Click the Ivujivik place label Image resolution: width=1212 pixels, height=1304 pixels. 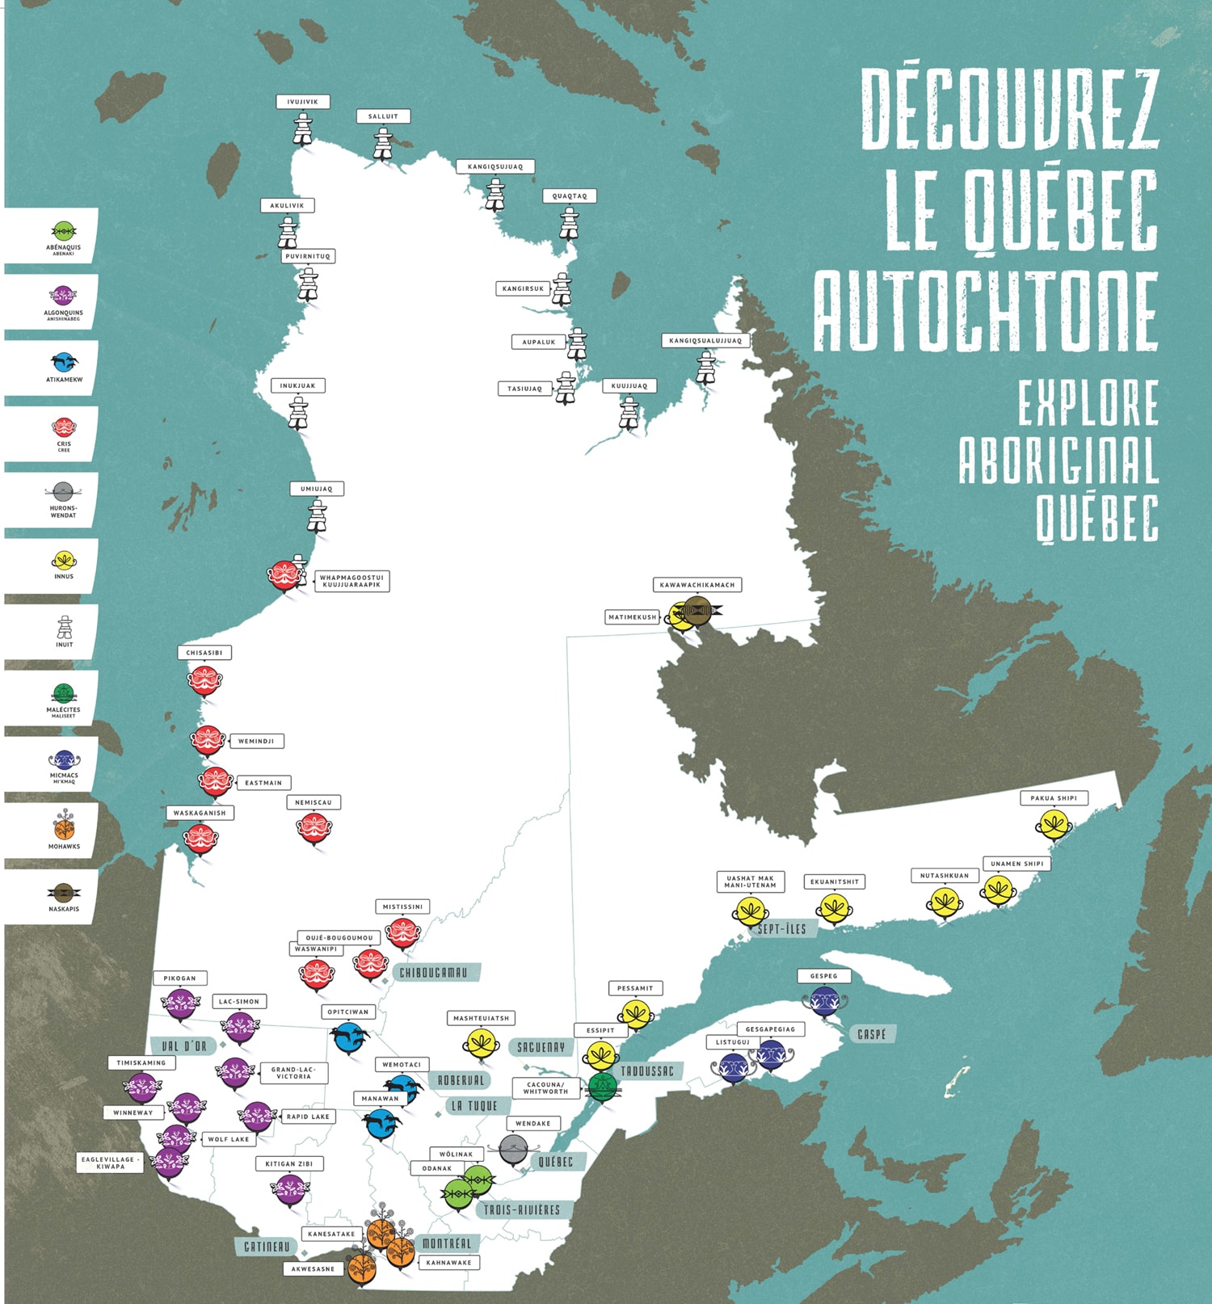point(303,103)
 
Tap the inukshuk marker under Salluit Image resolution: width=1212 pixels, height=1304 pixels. point(383,144)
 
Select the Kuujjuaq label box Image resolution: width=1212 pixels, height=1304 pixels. point(629,386)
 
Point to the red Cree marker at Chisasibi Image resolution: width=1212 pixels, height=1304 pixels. point(205,680)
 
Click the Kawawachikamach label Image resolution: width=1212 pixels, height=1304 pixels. point(696,585)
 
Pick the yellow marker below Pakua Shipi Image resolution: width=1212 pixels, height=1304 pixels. point(1054,824)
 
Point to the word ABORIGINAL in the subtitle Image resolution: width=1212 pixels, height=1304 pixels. point(1058,461)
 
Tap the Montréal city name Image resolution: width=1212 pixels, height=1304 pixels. point(446,1243)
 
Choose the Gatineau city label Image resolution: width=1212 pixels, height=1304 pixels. point(267,1247)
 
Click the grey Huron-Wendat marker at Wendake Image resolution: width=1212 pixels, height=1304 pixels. point(513,1150)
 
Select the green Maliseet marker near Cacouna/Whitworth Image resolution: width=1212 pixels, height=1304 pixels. point(603,1087)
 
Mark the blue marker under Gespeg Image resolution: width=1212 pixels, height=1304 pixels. point(824,1001)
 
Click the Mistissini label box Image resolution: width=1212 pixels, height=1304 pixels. point(402,906)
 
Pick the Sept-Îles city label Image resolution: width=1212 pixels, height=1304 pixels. point(781,929)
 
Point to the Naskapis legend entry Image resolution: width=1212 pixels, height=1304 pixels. point(64,897)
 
